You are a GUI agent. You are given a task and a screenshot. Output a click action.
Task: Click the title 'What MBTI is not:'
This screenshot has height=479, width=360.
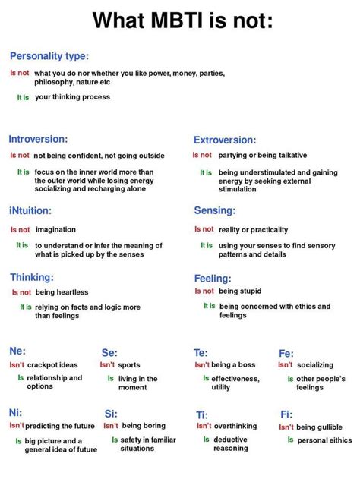[182, 20]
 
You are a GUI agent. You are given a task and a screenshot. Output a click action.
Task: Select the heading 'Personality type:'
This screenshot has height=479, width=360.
[49, 56]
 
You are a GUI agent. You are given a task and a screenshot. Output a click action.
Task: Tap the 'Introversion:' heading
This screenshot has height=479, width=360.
[39, 140]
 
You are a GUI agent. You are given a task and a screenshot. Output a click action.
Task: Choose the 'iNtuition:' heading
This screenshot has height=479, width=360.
[30, 210]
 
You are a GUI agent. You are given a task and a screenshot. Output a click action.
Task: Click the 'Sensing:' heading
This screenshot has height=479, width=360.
[215, 210]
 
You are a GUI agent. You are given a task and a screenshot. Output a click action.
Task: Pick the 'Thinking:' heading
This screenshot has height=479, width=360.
[32, 277]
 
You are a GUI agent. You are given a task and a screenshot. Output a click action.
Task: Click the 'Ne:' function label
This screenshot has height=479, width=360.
[17, 351]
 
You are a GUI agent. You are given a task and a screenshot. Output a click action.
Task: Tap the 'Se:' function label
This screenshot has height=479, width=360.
[109, 352]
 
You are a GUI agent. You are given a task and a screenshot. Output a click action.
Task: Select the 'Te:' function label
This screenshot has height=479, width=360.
[201, 352]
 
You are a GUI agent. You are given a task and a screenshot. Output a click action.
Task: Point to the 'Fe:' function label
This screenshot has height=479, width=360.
[286, 353]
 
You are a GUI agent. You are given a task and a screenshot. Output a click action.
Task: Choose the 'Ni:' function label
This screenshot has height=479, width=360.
[16, 412]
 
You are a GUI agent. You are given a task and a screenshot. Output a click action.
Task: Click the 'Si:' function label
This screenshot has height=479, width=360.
[111, 414]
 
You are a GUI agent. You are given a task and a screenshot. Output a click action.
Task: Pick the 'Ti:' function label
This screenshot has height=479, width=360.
[202, 414]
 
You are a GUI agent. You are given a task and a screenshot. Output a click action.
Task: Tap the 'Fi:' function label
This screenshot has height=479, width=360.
[286, 414]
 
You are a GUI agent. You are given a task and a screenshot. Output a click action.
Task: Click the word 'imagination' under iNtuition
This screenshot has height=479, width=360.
[55, 229]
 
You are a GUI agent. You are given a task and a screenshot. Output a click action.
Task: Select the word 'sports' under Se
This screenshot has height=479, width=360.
[129, 365]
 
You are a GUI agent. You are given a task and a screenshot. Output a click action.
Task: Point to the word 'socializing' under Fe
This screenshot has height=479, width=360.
[314, 365]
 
